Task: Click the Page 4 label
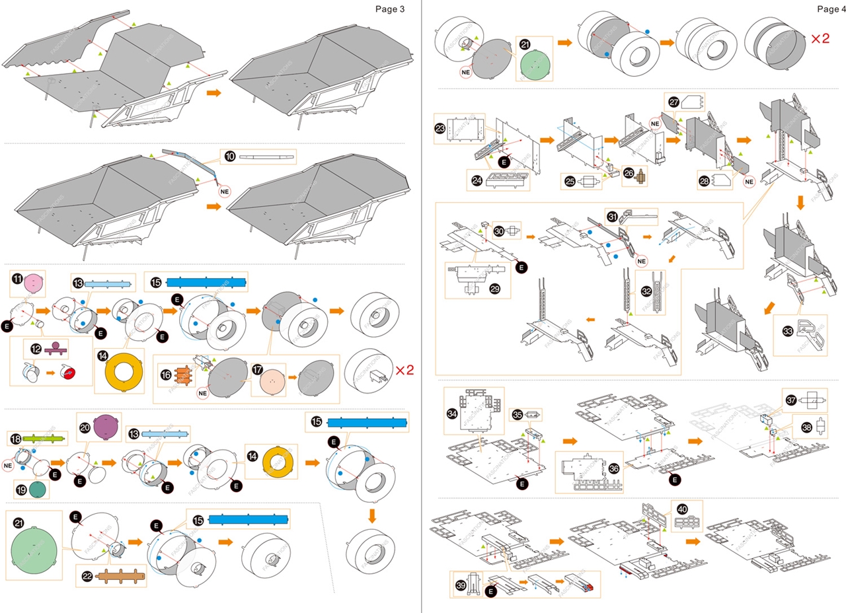(831, 9)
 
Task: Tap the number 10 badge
(229, 157)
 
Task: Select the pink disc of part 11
(34, 285)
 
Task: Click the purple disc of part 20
(104, 427)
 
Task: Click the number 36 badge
(614, 468)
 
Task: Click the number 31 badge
(613, 216)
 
